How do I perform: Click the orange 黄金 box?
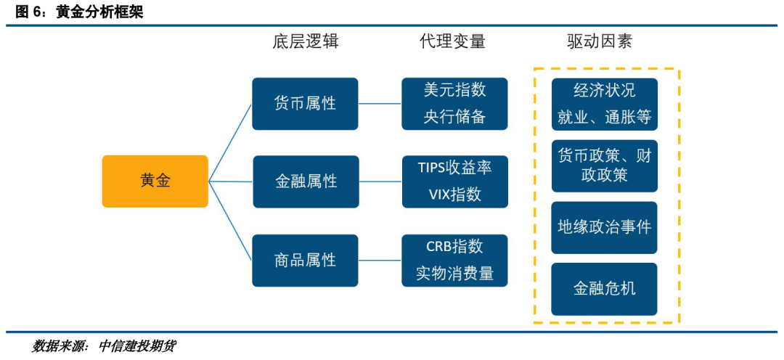pos(155,181)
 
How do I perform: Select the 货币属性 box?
pos(305,104)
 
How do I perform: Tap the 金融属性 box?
pos(305,181)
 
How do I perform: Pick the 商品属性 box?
pos(305,260)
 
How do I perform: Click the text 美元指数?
pos(454,91)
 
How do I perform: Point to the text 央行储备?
pos(454,116)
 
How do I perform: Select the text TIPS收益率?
pos(454,168)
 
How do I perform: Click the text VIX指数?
pos(454,194)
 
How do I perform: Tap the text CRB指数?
pos(454,247)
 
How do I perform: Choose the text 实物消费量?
pos(454,273)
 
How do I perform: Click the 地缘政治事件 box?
pos(605,227)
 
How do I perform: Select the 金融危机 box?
pos(605,289)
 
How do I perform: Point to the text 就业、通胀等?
pos(605,118)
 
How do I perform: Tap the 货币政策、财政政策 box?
pos(605,166)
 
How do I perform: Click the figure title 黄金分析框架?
pos(99,13)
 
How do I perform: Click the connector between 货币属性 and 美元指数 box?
pos(380,104)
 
